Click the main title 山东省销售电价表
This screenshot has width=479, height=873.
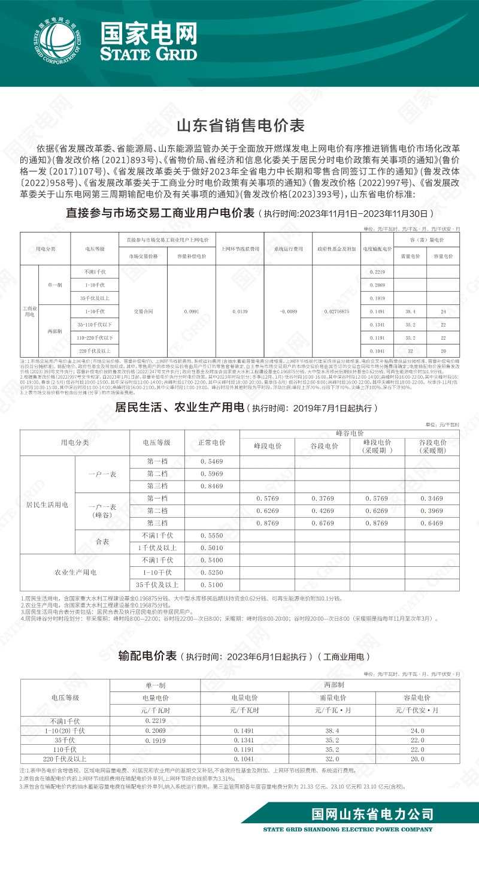tap(239, 126)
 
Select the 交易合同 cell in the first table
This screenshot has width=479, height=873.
tap(143, 312)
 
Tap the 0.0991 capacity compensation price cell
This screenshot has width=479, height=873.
tap(192, 312)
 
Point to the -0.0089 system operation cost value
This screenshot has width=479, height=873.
tap(288, 312)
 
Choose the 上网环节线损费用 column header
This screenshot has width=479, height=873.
tap(239, 249)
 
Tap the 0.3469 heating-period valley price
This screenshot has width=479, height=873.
tap(431, 499)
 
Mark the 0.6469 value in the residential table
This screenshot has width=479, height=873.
tap(431, 523)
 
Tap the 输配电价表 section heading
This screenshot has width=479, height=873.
tap(147, 657)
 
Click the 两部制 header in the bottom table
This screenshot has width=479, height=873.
tap(333, 684)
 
